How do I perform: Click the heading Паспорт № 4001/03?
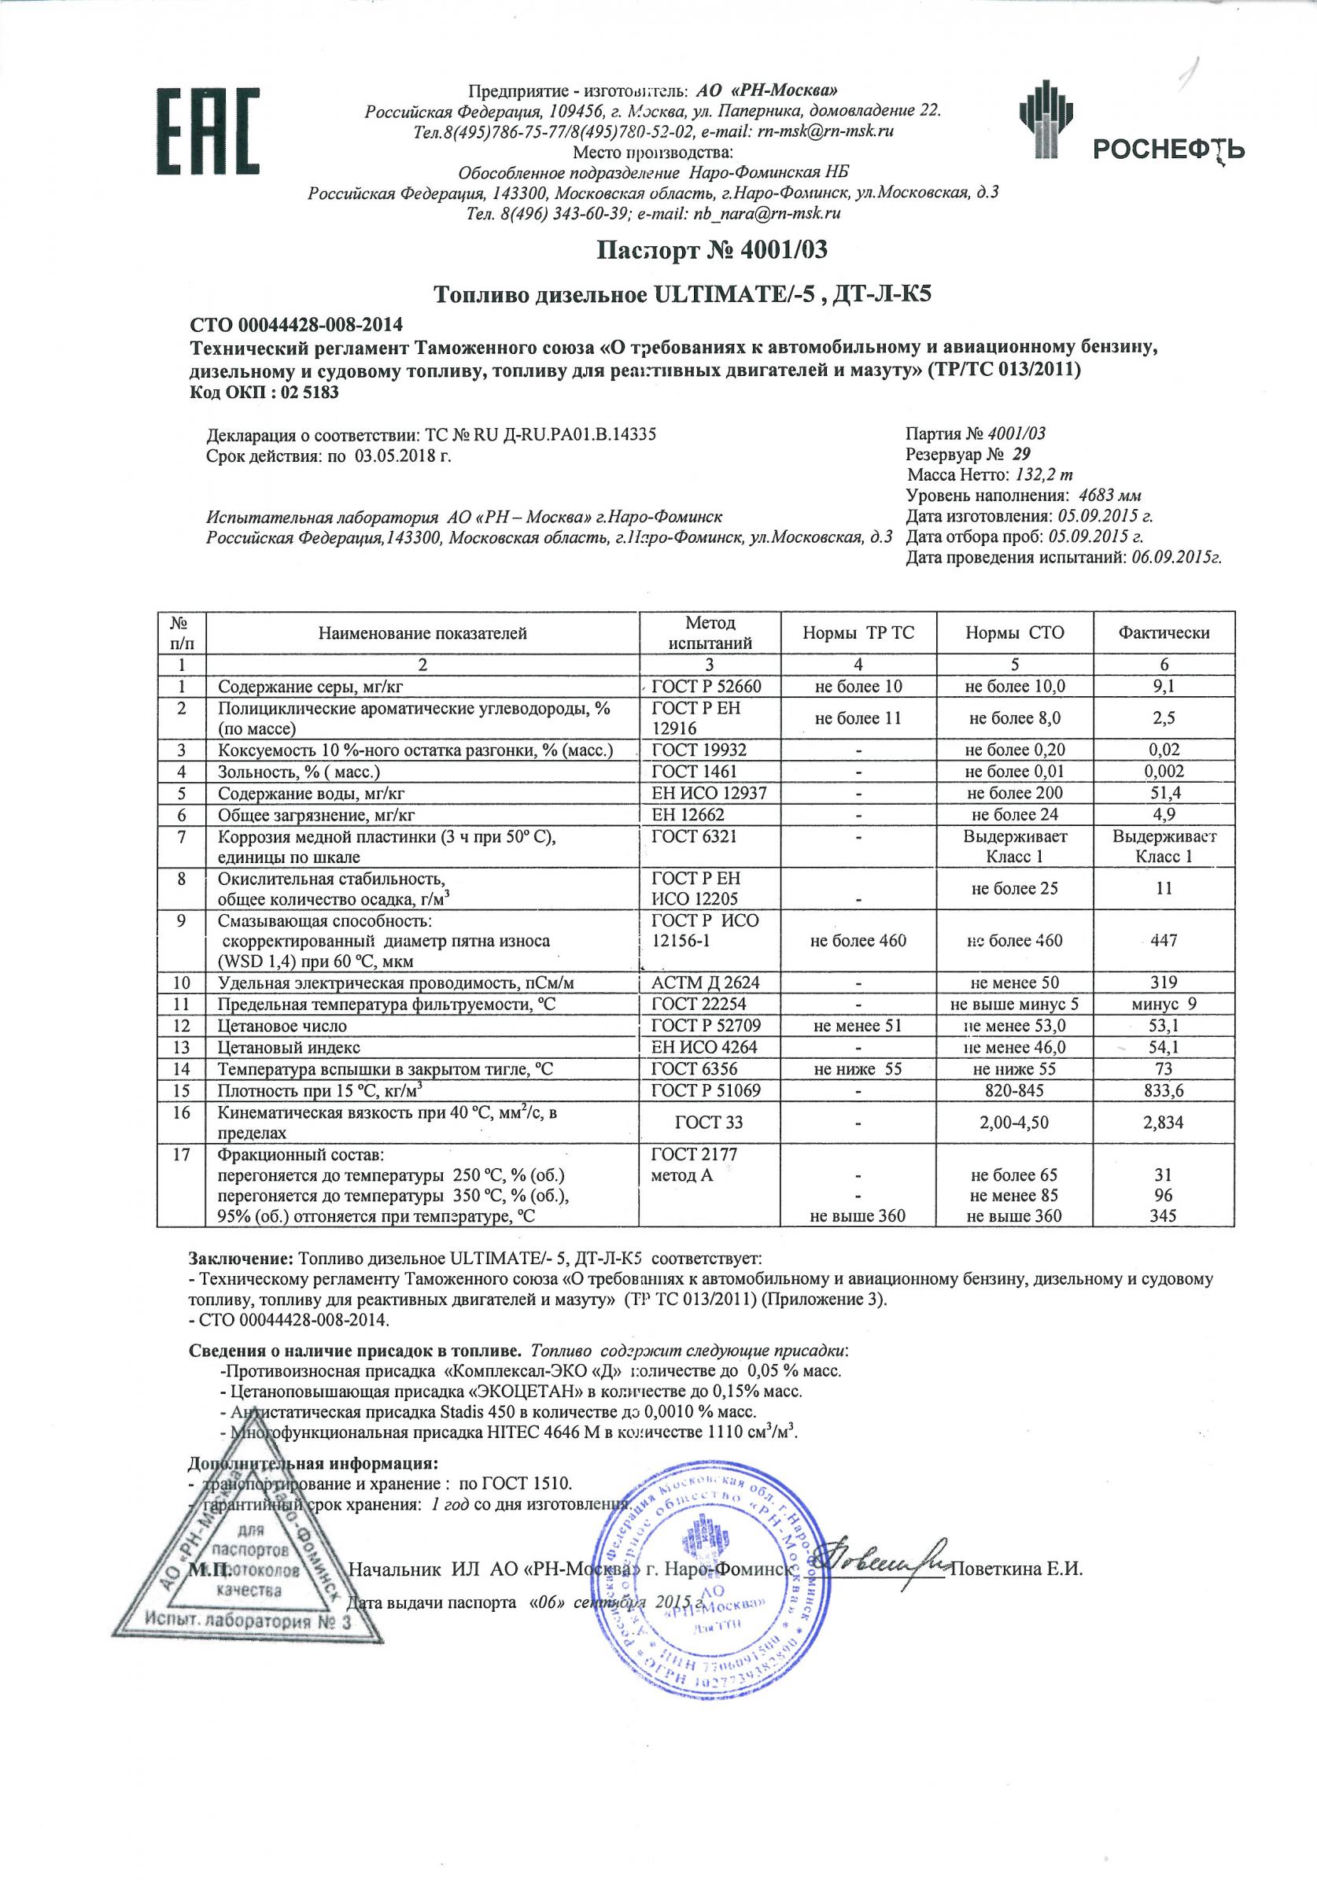(x=712, y=249)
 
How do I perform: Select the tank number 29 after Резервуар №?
(x=1023, y=454)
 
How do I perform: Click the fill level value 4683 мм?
(x=1110, y=496)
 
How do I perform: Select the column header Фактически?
(x=1163, y=633)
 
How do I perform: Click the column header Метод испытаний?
(x=710, y=633)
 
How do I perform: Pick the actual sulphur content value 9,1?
(x=1163, y=687)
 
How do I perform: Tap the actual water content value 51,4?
(x=1163, y=793)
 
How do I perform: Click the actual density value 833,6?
(x=1163, y=1090)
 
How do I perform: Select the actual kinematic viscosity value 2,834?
(x=1163, y=1122)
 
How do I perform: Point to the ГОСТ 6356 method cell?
(x=694, y=1069)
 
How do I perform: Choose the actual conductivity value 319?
(x=1163, y=983)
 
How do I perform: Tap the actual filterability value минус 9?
(x=1163, y=1004)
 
